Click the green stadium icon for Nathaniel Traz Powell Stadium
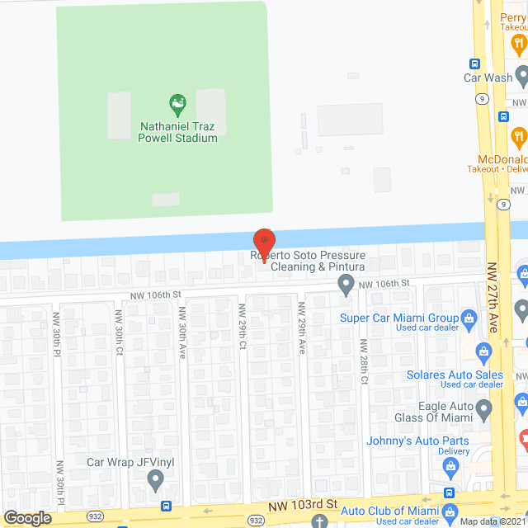pyautogui.click(x=177, y=104)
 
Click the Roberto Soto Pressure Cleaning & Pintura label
pyautogui.click(x=308, y=261)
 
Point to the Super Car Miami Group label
pyautogui.click(x=399, y=318)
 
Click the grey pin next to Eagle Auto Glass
pyautogui.click(x=484, y=408)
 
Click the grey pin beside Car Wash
pyautogui.click(x=521, y=78)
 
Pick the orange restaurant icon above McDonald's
pyautogui.click(x=519, y=135)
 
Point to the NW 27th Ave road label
pyautogui.click(x=494, y=298)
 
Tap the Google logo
pyautogui.click(x=27, y=517)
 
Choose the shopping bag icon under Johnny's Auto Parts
pyautogui.click(x=450, y=468)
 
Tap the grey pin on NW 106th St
pyautogui.click(x=346, y=285)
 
